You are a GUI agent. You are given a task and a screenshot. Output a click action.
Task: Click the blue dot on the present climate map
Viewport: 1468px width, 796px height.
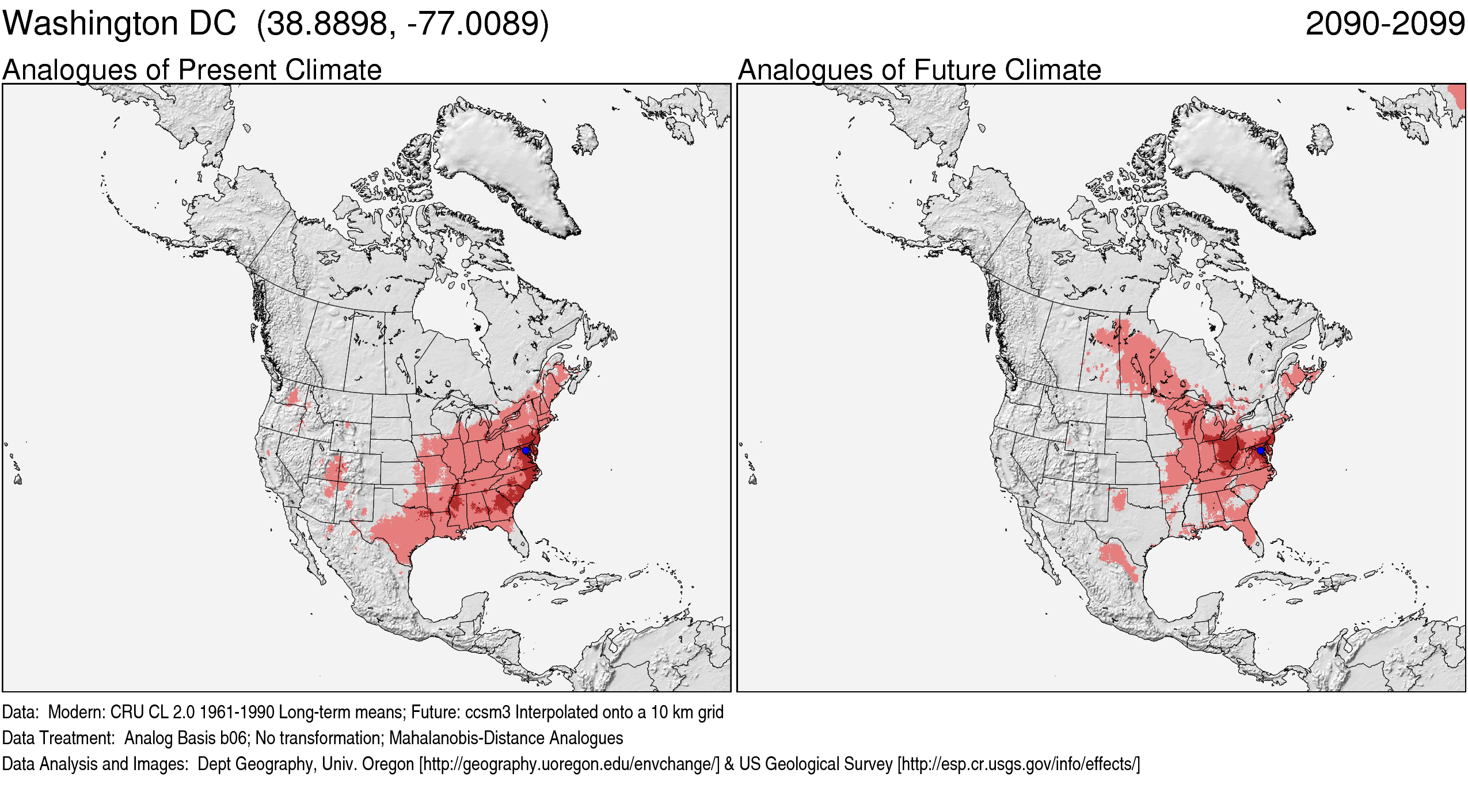[x=526, y=450]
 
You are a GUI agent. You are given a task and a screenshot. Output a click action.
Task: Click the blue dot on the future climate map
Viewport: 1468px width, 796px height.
[x=1261, y=450]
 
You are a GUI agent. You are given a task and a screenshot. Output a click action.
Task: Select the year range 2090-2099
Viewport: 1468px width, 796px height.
[x=1385, y=24]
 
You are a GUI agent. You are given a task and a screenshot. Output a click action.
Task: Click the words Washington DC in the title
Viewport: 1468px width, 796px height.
[x=119, y=24]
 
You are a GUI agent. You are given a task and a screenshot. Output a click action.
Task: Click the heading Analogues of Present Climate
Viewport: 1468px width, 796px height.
[x=192, y=70]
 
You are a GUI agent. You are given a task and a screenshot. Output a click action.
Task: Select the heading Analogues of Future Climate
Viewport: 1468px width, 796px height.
[x=919, y=70]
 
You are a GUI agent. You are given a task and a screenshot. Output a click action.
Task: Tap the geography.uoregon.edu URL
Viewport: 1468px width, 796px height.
[x=569, y=764]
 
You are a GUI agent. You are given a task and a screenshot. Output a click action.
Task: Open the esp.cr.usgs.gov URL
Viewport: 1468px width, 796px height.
[x=1018, y=764]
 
